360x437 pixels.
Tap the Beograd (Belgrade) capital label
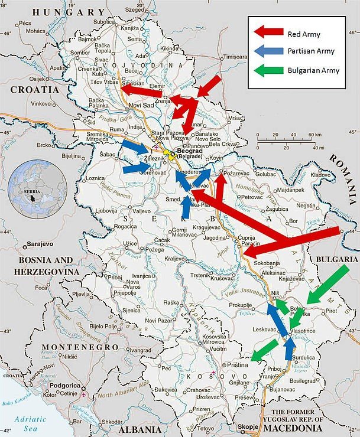(186, 154)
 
